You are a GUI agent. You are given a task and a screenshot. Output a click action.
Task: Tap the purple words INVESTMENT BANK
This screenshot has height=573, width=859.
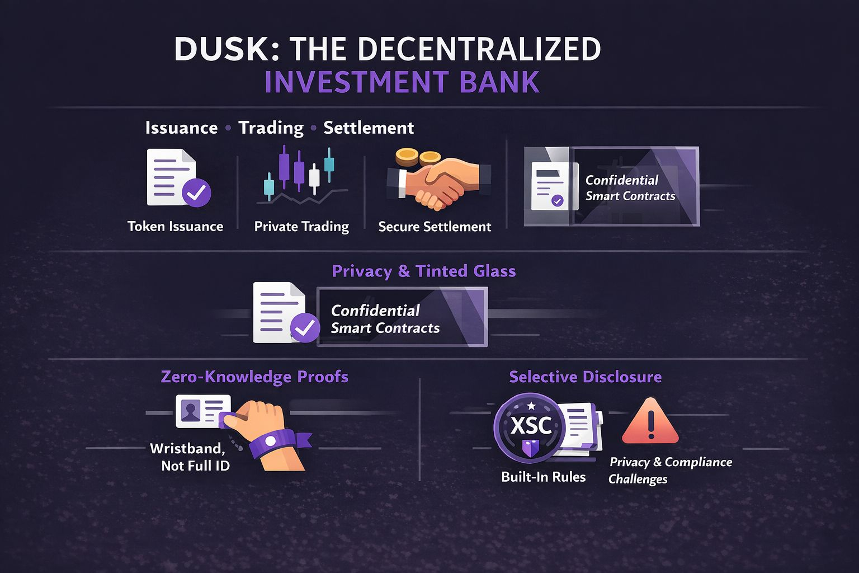coord(402,82)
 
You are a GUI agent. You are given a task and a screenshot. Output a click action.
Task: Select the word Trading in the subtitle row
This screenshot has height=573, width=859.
coord(271,128)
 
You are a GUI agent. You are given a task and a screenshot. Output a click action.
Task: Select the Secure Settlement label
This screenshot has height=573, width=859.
coord(435,227)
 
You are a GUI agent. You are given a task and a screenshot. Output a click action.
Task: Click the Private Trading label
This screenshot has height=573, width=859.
coord(301,227)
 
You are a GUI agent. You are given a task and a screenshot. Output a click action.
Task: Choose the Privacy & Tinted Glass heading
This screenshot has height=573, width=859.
coord(423,271)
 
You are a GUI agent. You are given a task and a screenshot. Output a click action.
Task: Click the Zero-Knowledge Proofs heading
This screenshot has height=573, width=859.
coord(254,377)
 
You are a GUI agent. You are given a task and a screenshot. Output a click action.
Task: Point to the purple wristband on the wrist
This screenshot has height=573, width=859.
coord(274,442)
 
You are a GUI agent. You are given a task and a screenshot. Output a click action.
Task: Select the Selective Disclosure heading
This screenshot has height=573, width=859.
coord(585,377)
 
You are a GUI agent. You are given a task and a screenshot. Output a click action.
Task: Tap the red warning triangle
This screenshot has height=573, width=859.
coord(650,422)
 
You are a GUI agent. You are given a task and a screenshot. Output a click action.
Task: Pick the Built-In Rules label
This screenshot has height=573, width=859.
coord(543,477)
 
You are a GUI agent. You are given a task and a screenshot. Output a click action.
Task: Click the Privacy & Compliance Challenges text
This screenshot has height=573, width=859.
coord(670,470)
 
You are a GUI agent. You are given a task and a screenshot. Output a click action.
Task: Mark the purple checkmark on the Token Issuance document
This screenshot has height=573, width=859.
coord(196,193)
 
